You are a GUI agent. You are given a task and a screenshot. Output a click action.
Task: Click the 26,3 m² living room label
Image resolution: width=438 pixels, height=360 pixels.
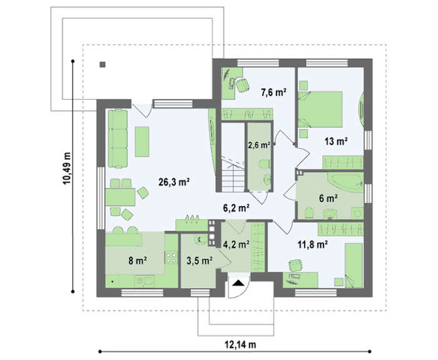coord(175,183)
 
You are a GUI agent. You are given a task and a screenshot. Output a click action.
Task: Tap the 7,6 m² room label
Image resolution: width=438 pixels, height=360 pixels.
coord(273,92)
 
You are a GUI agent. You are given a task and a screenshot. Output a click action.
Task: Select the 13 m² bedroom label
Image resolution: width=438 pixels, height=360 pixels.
coord(336,141)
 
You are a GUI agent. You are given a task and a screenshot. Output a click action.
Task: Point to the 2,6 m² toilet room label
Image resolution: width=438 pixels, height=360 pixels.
coord(259,145)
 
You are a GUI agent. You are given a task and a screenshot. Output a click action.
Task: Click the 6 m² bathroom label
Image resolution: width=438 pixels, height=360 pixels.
coord(328,198)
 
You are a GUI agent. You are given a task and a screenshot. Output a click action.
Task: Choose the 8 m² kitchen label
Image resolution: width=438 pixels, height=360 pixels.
coord(138,261)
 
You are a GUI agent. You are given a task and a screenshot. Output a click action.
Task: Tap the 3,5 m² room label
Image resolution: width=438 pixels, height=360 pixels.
coord(200,261)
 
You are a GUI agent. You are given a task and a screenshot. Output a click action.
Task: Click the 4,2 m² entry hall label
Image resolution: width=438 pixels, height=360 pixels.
coord(237,245)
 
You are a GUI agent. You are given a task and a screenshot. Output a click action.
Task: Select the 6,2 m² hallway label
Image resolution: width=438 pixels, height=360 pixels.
coord(237,208)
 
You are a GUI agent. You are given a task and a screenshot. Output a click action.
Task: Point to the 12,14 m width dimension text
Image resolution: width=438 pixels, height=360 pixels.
coord(240,344)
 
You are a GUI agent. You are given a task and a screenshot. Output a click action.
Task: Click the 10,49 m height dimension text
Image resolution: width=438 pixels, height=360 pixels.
coord(67,168)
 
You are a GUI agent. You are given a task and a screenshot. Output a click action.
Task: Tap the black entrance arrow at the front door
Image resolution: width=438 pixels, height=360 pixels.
coord(238,283)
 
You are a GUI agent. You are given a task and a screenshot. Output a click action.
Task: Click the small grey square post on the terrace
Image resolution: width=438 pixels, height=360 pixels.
coord(103,65)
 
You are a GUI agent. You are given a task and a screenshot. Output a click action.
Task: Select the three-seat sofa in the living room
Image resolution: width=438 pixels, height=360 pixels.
coord(118,139)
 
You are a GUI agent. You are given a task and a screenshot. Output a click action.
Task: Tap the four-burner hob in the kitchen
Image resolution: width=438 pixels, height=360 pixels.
coord(171,258)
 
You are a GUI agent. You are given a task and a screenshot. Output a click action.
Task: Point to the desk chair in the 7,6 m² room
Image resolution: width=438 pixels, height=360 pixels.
coord(243,85)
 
